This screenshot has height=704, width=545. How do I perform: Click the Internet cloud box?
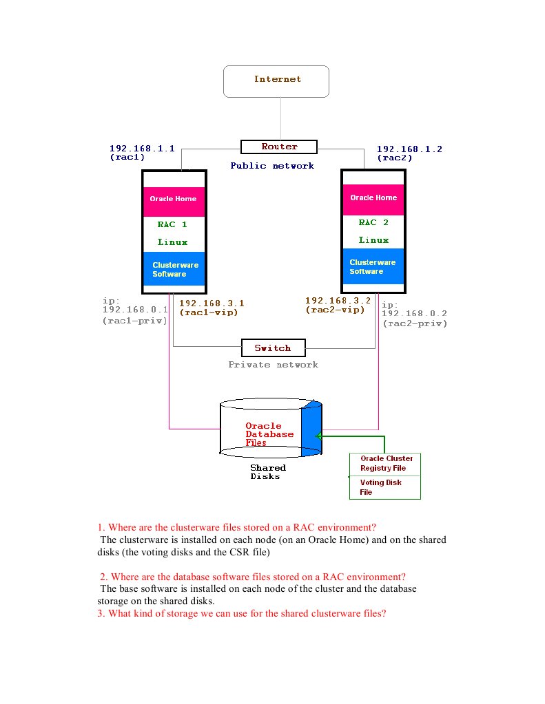[276, 81]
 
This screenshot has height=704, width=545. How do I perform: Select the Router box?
[278, 147]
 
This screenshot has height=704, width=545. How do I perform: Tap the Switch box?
[272, 348]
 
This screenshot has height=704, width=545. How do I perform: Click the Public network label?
[271, 165]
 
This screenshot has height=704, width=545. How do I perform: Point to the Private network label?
[273, 364]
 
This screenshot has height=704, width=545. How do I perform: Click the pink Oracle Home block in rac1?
[174, 199]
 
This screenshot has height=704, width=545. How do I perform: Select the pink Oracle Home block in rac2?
[373, 198]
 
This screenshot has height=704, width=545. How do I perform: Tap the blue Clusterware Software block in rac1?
[174, 268]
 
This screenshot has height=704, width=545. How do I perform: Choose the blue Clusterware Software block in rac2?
[373, 266]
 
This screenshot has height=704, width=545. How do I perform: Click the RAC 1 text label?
[172, 224]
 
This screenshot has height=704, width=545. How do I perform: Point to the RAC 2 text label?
[373, 222]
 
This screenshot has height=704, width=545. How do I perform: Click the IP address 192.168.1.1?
[141, 148]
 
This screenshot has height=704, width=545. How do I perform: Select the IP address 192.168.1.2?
[409, 149]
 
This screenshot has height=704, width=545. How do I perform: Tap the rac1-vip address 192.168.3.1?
[212, 303]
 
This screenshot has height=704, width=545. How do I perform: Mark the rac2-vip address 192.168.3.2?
[338, 301]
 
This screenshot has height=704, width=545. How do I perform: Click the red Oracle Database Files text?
[269, 434]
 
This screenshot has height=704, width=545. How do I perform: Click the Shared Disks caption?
[267, 471]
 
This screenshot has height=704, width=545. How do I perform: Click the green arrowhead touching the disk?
[319, 436]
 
